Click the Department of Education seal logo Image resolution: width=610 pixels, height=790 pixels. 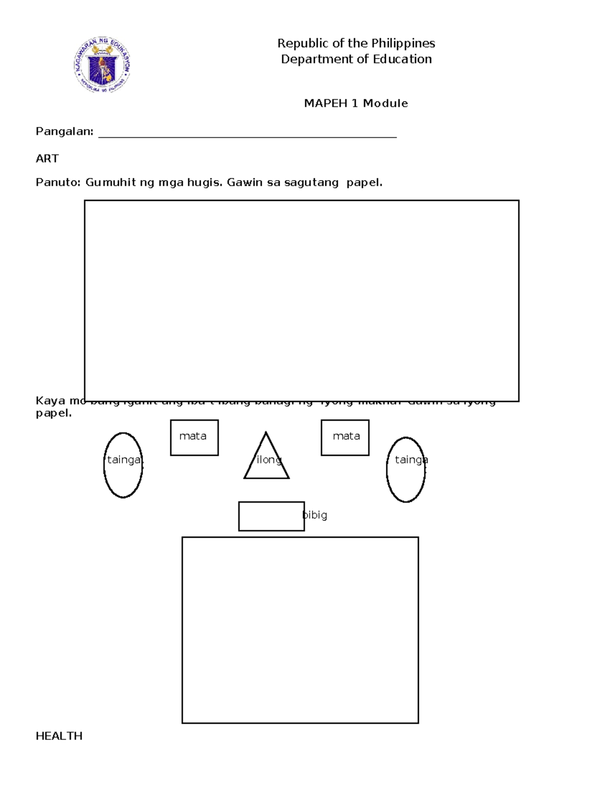[x=103, y=65]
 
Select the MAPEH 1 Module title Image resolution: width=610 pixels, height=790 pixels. [x=356, y=103]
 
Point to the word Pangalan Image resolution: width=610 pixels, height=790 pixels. [x=64, y=132]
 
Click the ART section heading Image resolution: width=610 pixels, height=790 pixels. [x=47, y=159]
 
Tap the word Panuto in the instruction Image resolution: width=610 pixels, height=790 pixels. [x=57, y=182]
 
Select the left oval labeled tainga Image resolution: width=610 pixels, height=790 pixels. [x=123, y=465]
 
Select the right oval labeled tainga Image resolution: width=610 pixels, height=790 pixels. [x=406, y=470]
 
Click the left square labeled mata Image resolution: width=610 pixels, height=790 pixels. [x=194, y=437]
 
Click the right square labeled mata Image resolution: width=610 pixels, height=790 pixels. [x=345, y=437]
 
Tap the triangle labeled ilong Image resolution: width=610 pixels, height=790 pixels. [x=266, y=460]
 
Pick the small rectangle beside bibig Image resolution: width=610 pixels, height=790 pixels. [x=271, y=516]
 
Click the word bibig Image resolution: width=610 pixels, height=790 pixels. [x=315, y=515]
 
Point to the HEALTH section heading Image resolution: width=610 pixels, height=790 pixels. [x=59, y=736]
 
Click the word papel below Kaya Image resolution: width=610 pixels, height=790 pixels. [x=53, y=413]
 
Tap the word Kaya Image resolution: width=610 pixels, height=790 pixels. [x=50, y=400]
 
